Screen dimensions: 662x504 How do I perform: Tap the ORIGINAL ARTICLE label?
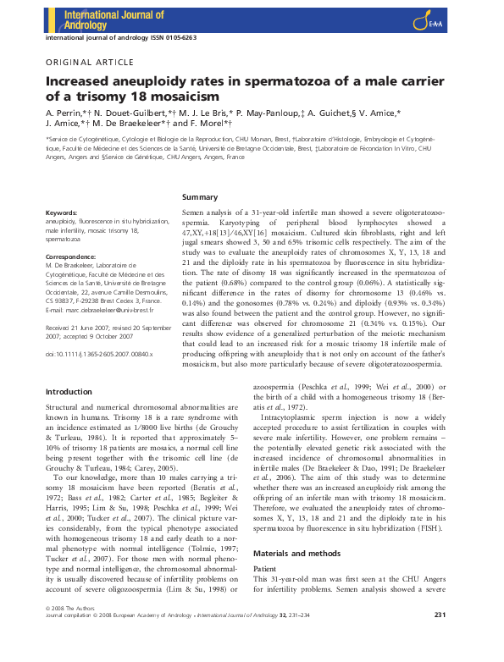[89, 63]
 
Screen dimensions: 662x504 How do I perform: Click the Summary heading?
[201, 196]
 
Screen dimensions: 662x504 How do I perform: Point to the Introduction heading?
[69, 391]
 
